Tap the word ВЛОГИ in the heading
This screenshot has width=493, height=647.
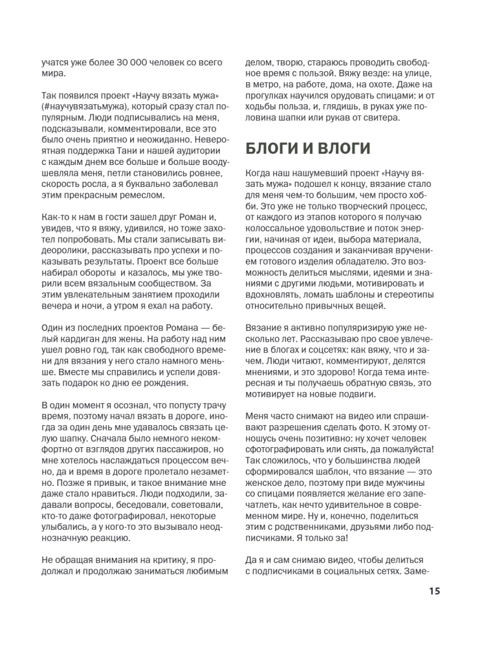point(342,149)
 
